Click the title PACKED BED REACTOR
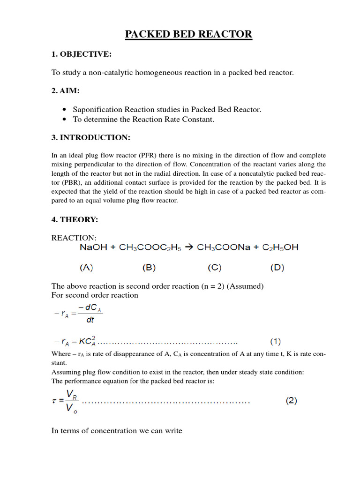click(188, 34)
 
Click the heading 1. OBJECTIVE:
click(81, 54)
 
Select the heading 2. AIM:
click(66, 90)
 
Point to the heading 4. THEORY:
click(75, 219)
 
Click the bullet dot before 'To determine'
click(64, 120)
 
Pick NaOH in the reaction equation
click(92, 247)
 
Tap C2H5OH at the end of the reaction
click(279, 247)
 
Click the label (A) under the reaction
click(86, 268)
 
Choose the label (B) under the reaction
click(149, 268)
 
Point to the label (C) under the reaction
click(214, 268)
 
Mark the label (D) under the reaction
click(277, 268)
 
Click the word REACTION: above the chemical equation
click(74, 238)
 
